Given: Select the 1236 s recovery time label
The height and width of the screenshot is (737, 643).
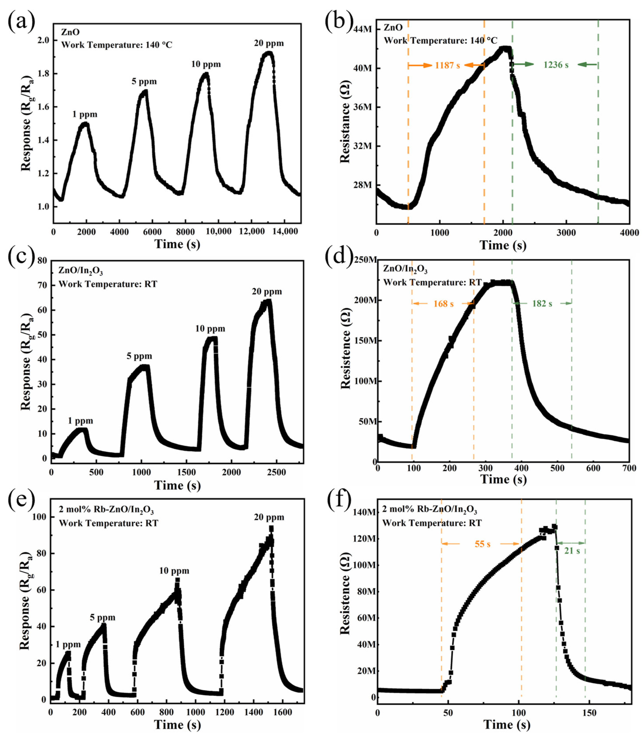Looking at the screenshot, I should (556, 65).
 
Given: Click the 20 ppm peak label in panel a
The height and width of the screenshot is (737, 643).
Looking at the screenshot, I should (269, 43).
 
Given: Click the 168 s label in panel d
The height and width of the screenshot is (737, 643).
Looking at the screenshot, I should (444, 304).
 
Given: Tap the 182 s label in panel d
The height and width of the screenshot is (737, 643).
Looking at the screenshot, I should (542, 304).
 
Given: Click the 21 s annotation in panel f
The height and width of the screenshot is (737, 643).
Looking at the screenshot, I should (572, 550).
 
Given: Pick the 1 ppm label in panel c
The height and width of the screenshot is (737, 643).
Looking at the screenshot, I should (80, 421).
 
